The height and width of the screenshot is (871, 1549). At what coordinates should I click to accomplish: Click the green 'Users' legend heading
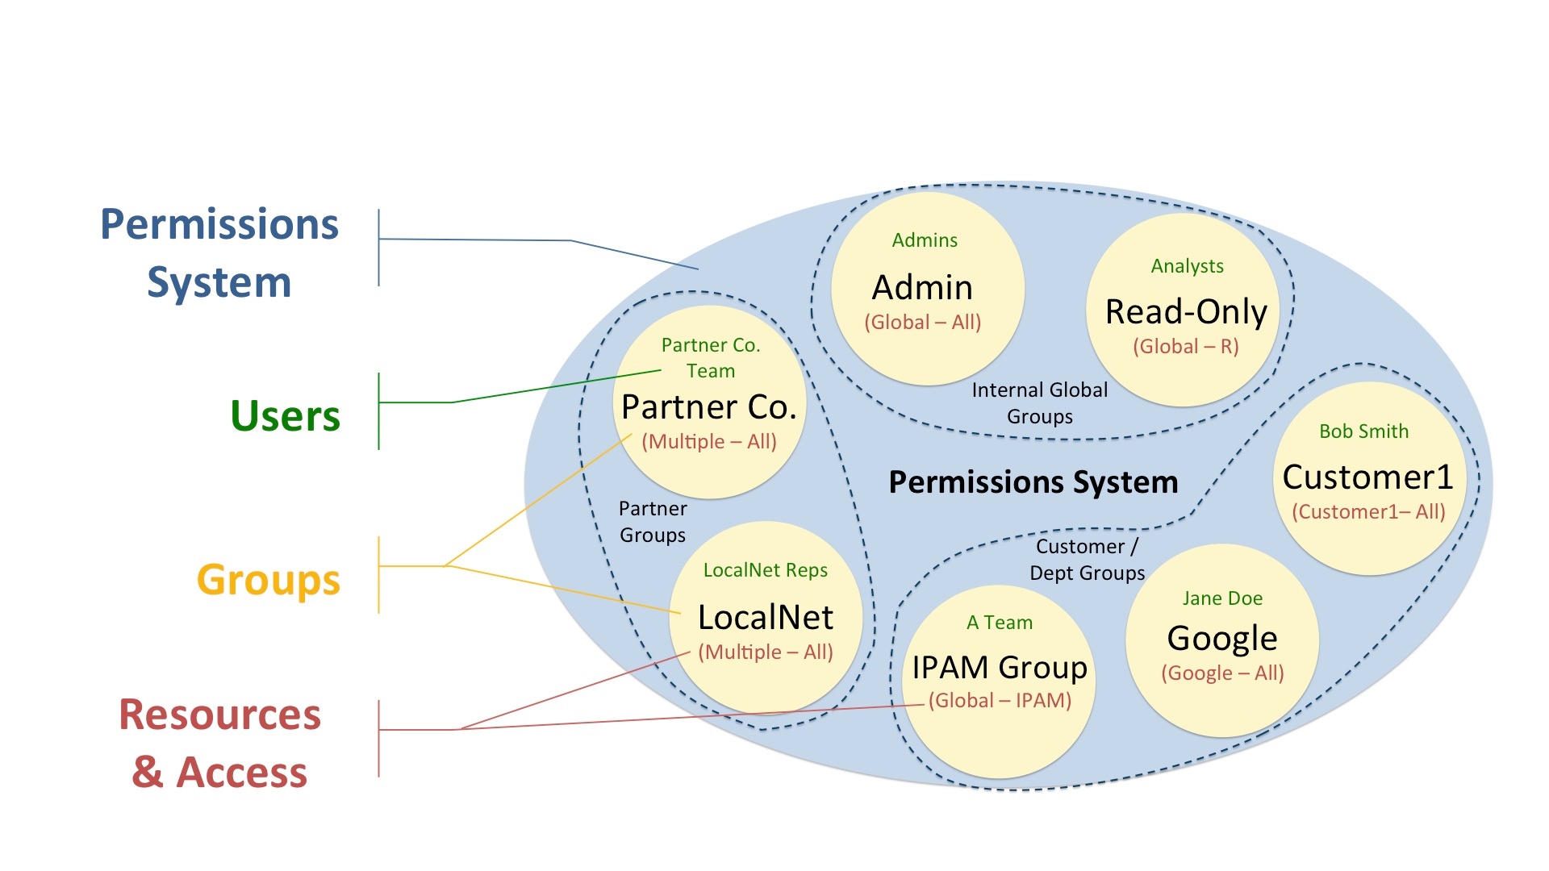285,416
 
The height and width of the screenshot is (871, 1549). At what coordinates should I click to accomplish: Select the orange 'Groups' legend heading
269,580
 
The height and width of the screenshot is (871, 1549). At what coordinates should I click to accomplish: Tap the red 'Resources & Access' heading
219,743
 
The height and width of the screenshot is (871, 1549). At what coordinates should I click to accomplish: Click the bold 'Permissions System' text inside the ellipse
1033,482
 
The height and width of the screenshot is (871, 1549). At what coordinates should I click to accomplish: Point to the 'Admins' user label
925,240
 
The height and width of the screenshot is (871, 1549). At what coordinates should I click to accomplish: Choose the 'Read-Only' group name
1186,311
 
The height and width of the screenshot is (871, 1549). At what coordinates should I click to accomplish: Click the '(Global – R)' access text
1185,347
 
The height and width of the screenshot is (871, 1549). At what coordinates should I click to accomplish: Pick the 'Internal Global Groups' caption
1039,403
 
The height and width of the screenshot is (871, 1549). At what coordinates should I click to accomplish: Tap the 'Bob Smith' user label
1363,431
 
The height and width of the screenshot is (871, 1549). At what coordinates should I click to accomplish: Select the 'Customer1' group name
1367,477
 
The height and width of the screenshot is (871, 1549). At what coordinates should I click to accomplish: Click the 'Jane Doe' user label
1222,598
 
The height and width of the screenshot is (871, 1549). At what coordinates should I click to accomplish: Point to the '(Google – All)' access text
1222,673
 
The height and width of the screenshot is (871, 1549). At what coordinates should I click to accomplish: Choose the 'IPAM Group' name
1000,668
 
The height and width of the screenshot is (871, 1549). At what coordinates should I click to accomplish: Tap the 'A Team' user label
1000,623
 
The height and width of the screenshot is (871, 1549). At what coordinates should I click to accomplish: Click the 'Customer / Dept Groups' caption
1087,560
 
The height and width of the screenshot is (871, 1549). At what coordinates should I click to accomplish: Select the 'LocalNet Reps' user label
766,570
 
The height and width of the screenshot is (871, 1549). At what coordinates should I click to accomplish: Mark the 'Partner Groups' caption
653,522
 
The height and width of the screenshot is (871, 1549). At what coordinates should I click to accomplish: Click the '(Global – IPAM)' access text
1000,701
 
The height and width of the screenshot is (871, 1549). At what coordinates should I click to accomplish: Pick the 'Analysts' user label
1187,266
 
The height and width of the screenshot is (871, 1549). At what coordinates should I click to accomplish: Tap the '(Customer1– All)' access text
1368,512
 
